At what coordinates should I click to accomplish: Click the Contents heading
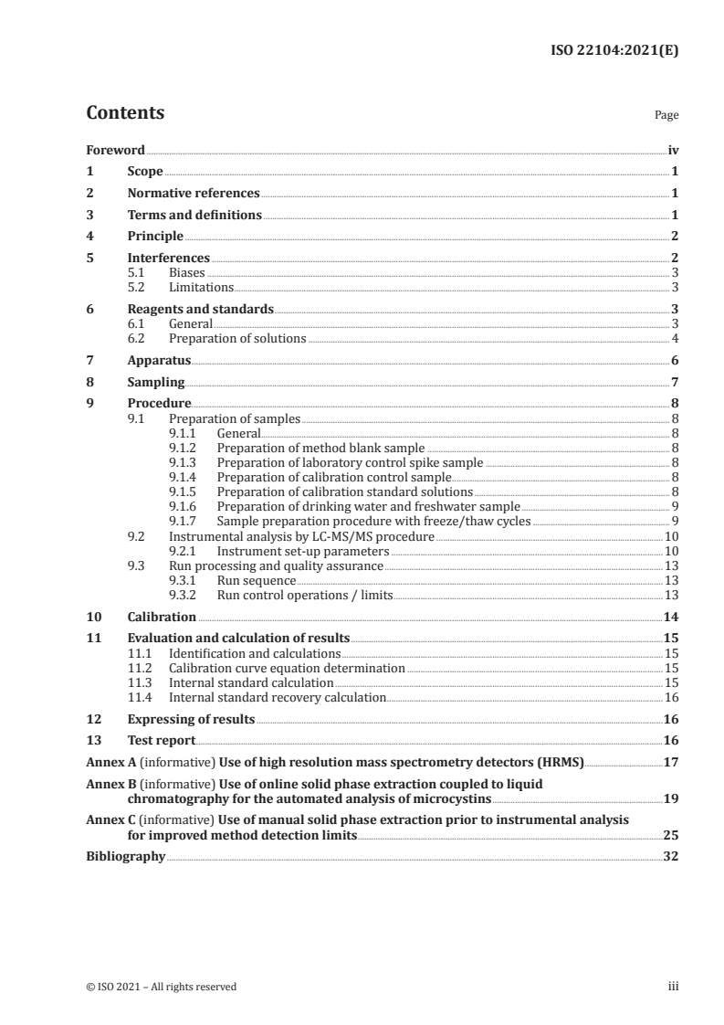coord(125,113)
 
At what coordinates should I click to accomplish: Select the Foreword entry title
coord(115,150)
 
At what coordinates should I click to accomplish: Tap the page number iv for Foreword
coord(673,150)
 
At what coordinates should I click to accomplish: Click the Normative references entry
coord(194,194)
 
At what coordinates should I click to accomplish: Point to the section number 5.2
coord(140,287)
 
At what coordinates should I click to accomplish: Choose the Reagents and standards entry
coord(200,310)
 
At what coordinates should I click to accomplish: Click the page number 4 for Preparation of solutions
coord(674,339)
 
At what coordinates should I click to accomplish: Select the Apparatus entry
coord(159,361)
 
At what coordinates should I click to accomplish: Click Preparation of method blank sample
coord(320,449)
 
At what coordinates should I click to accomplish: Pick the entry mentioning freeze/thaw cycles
coord(373,522)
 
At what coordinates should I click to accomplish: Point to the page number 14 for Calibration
coord(671,618)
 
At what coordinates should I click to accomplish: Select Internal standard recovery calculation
coord(278,698)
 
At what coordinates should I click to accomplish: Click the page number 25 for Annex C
coord(670,835)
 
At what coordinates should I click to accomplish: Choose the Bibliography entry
coord(125,857)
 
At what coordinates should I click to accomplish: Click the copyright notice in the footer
coord(162,987)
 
